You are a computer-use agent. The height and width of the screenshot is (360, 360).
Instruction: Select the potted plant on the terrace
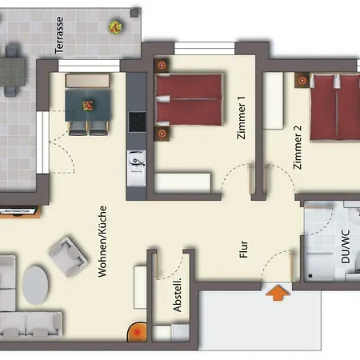click(115, 27)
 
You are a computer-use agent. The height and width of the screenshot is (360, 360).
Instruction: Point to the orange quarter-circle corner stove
click(137, 330)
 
